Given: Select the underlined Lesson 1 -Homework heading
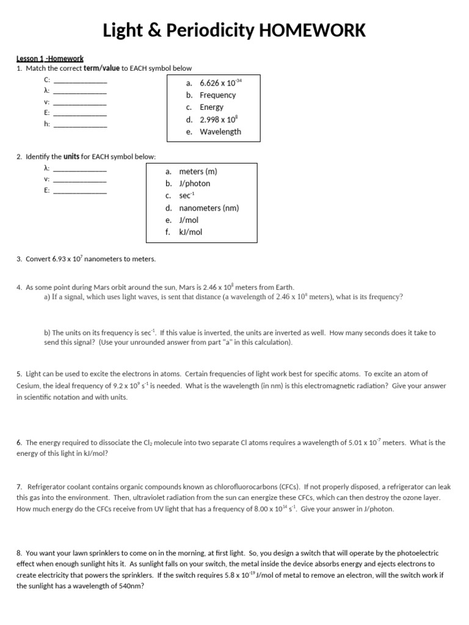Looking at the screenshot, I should pos(49,59).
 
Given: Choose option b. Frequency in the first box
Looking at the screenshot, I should pos(211,95).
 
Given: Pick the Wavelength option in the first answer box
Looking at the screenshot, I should pos(220,132).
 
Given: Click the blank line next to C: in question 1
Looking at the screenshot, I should pos(80,81).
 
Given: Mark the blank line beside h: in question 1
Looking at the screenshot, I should pos(80,126).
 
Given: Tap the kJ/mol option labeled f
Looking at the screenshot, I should pos(191,233).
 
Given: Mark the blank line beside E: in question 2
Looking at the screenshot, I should pos(80,192).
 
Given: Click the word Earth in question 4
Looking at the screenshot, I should pos(285,287).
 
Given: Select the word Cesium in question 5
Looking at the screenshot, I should pos(27,386).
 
